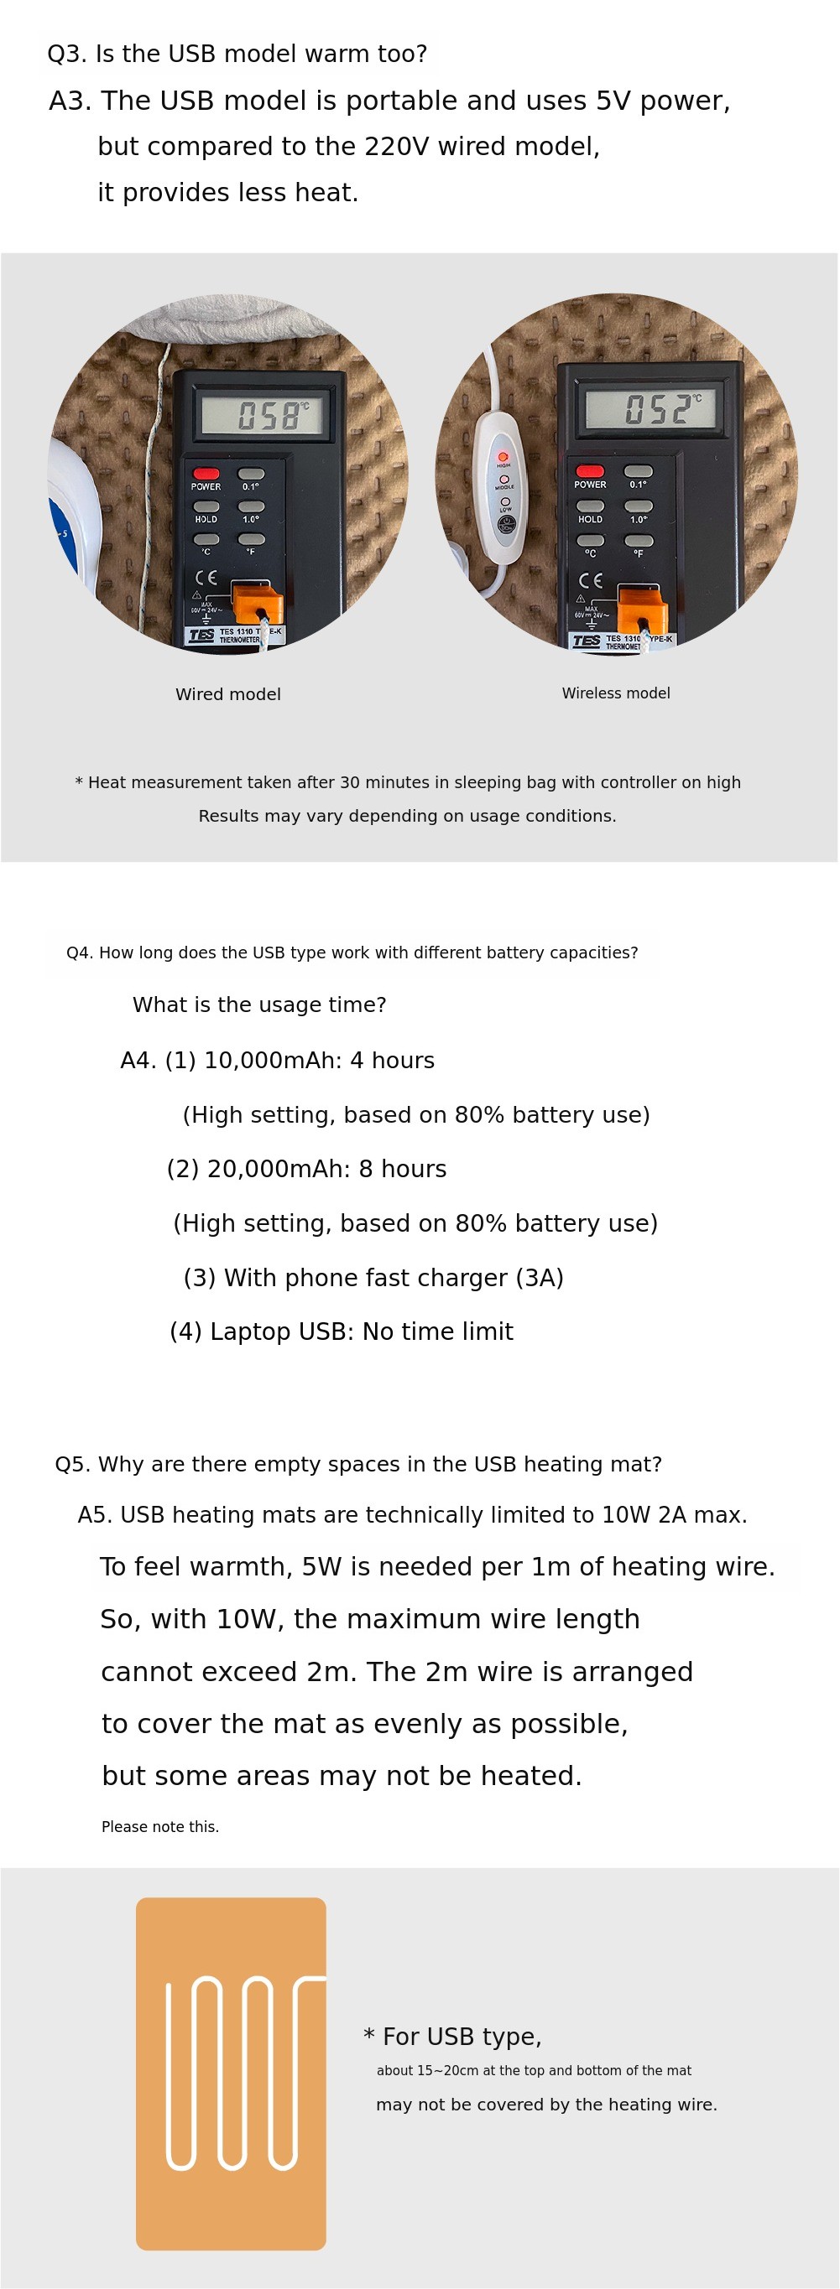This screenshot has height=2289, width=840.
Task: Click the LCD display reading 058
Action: click(x=264, y=415)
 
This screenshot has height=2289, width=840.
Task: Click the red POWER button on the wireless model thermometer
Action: click(x=589, y=471)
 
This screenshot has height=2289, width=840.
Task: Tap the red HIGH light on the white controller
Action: click(x=503, y=457)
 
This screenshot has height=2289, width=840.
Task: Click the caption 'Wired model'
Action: click(x=227, y=694)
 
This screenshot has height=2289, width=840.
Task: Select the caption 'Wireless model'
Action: click(x=615, y=693)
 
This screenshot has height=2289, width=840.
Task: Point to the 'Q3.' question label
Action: click(x=66, y=54)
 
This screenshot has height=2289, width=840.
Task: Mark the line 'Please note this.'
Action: click(x=160, y=1826)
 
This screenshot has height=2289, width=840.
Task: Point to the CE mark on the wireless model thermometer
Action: click(x=589, y=580)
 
